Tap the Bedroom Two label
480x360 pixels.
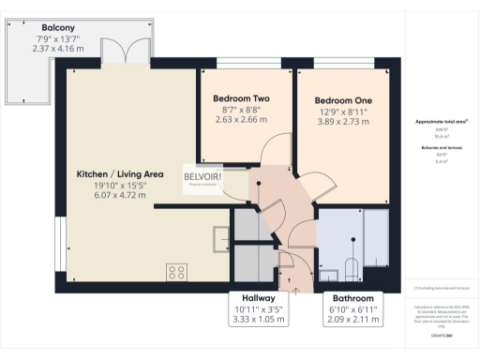tap(241, 98)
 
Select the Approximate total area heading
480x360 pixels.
tap(442, 122)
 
